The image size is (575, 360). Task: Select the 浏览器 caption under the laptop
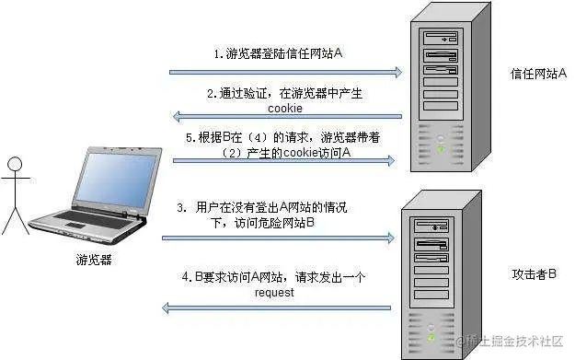point(95,261)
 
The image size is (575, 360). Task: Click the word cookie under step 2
point(285,108)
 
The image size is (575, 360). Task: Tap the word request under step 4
point(276,293)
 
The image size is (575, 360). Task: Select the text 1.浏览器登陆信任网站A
point(279,54)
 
